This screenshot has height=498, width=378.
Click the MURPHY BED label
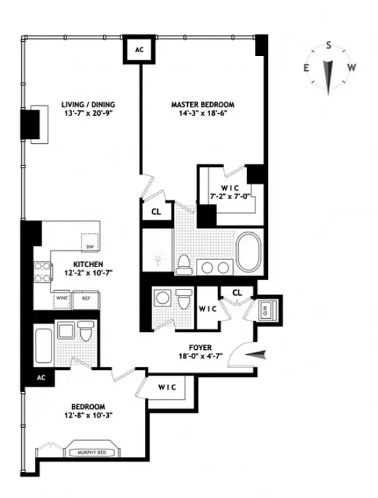click(x=93, y=453)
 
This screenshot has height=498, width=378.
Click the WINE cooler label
click(x=62, y=298)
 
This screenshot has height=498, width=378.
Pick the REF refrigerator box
click(x=86, y=298)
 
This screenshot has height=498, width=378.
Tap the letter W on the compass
click(x=351, y=68)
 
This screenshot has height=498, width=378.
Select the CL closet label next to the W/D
click(x=237, y=293)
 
